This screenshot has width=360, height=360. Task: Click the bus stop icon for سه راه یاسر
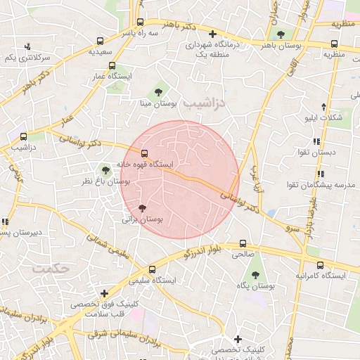140,22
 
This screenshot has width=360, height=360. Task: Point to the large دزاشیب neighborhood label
205,103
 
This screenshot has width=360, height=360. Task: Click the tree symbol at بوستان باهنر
281,34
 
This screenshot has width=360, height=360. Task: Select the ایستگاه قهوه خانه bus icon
145,153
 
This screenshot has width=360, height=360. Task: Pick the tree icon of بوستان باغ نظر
105,169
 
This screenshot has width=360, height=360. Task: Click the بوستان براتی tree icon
143,207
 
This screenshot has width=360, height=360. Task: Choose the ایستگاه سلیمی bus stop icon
153,269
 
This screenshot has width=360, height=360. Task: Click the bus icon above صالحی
243,244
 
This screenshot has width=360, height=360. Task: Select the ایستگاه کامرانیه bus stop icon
321,265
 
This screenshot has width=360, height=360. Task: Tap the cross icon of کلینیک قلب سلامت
104,293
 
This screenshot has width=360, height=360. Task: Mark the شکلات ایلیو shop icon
323,106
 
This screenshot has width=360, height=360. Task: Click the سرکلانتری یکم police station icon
27,46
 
